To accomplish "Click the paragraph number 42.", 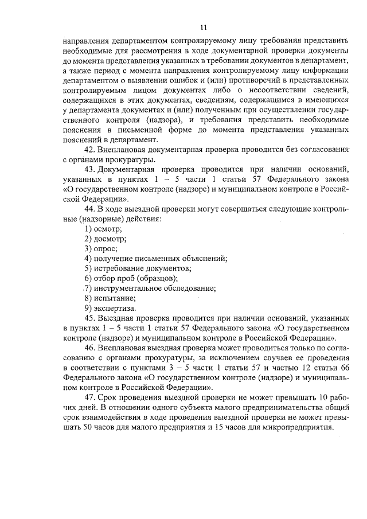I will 89,149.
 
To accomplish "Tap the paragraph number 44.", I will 89,209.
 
